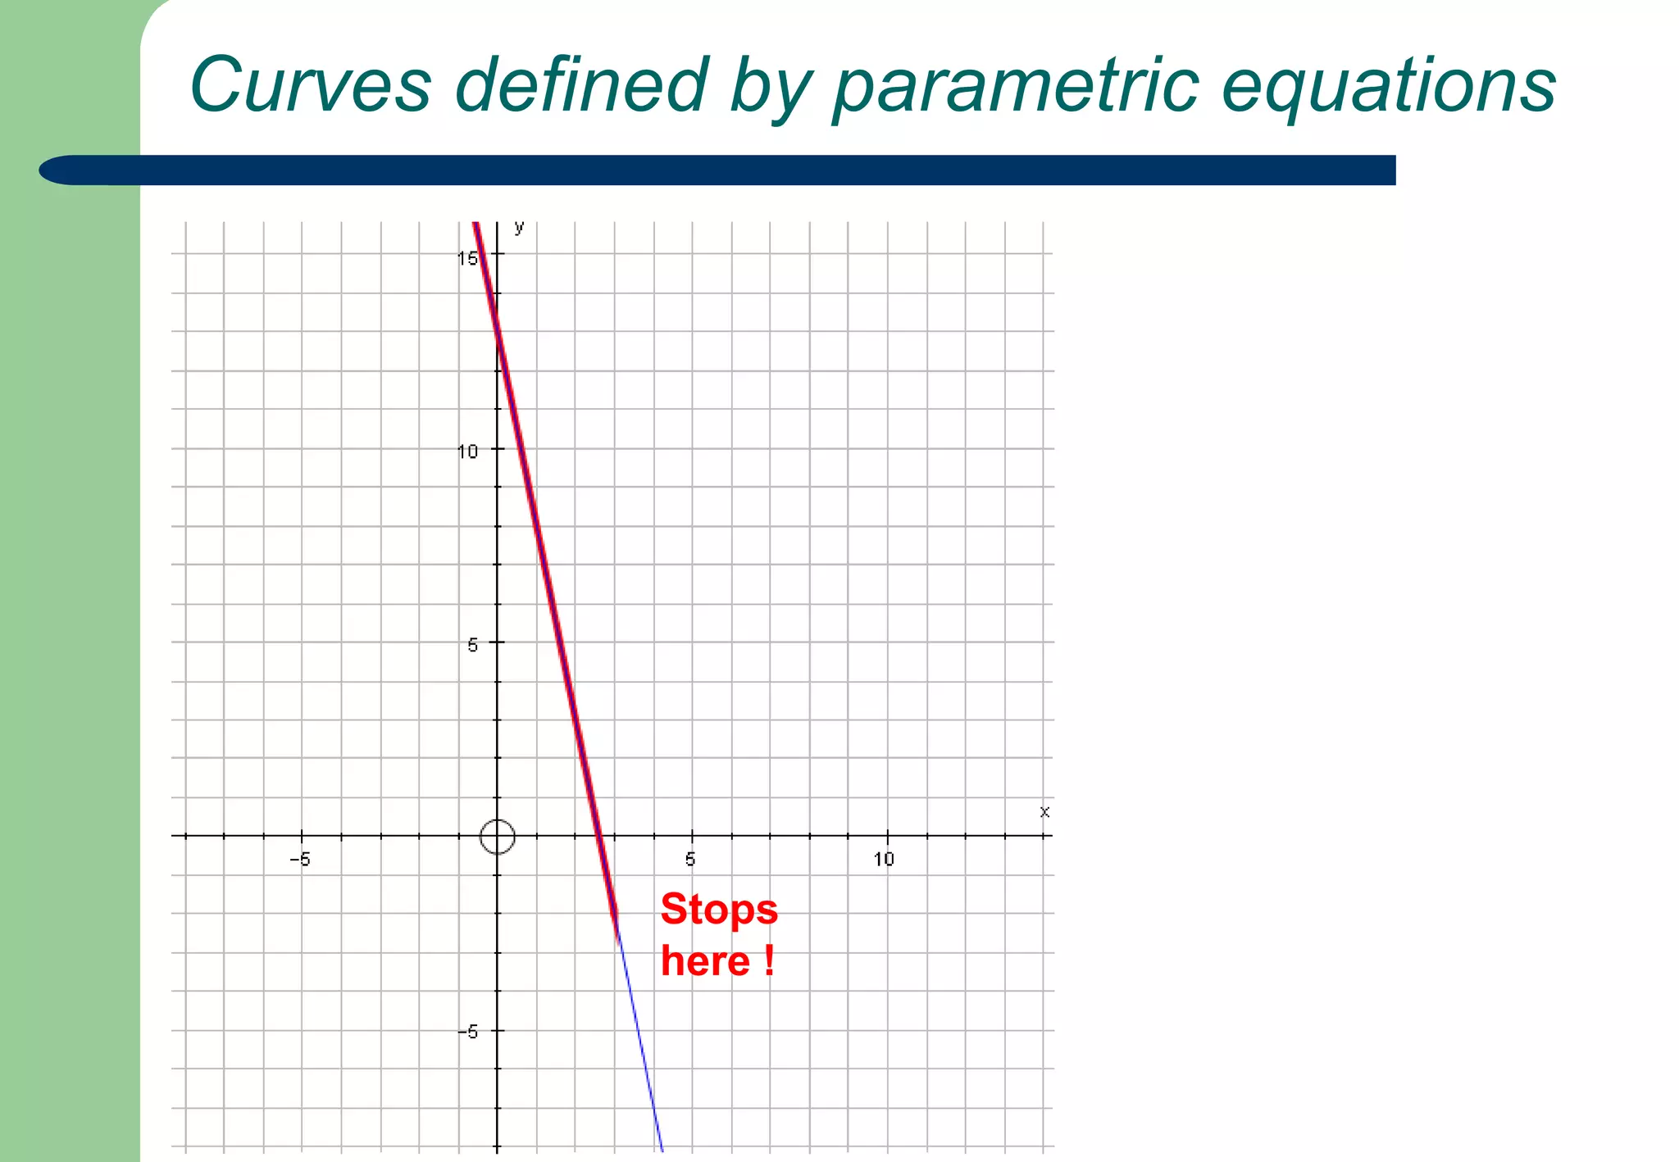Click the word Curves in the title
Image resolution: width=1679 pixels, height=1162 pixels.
[x=310, y=84]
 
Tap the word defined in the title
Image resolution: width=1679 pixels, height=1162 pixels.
[x=580, y=84]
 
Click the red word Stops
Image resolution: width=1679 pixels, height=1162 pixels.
[x=719, y=910]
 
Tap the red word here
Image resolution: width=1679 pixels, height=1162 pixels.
[x=705, y=961]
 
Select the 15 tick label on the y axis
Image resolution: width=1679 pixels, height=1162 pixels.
[x=467, y=259]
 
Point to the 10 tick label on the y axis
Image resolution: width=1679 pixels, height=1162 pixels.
[x=467, y=452]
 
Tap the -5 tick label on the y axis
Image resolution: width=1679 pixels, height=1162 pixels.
[x=467, y=1033]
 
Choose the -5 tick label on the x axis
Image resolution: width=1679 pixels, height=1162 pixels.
[x=300, y=860]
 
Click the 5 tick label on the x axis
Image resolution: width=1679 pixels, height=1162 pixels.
[x=690, y=860]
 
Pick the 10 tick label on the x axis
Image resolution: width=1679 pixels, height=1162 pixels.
[x=884, y=860]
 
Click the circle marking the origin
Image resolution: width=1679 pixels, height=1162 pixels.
[x=497, y=837]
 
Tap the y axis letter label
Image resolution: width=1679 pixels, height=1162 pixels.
[x=519, y=228]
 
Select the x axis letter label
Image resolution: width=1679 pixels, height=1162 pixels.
[x=1044, y=812]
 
